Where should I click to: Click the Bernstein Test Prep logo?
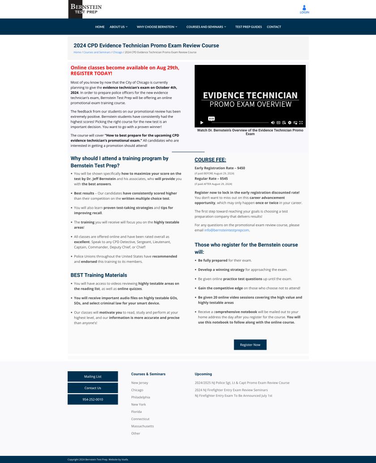pyautogui.click(x=85, y=9)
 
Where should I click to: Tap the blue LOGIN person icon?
pyautogui.click(x=304, y=8)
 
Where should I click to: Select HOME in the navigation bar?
pyautogui.click(x=100, y=27)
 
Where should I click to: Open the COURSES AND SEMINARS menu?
pyautogui.click(x=206, y=27)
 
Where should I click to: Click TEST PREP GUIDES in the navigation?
pyautogui.click(x=248, y=27)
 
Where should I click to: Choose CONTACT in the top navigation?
pyautogui.click(x=274, y=27)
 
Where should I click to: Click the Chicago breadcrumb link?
pyautogui.click(x=117, y=52)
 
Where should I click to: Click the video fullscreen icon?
pyautogui.click(x=301, y=122)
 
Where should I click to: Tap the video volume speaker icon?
pyautogui.click(x=273, y=122)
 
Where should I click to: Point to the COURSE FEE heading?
pyautogui.click(x=210, y=160)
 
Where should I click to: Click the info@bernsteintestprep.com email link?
pyautogui.click(x=226, y=230)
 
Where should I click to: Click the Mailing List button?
pyautogui.click(x=93, y=377)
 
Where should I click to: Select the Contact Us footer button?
pyautogui.click(x=93, y=388)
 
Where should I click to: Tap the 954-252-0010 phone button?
pyautogui.click(x=93, y=399)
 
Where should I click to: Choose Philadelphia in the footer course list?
pyautogui.click(x=141, y=397)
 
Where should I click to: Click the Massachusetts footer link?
pyautogui.click(x=142, y=426)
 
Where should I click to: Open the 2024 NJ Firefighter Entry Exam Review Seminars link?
pyautogui.click(x=231, y=390)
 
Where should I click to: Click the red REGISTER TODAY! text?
pyautogui.click(x=91, y=73)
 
